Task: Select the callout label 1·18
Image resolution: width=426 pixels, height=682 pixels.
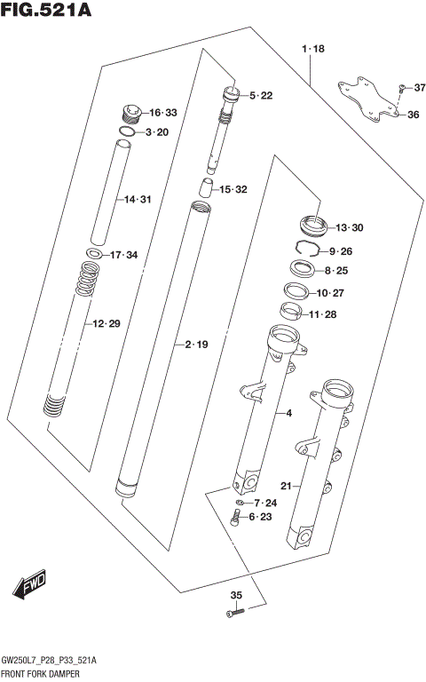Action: pos(313,50)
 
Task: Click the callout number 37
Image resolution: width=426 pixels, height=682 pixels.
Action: pos(420,87)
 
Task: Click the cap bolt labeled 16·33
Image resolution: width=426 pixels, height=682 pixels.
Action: pos(130,114)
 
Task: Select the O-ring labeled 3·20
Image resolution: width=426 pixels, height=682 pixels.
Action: pos(127,132)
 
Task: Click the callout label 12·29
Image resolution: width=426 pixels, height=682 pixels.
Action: pos(106,325)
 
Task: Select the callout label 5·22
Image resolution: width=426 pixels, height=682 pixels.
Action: pos(260,95)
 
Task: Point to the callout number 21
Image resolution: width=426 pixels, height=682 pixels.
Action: pos(286,485)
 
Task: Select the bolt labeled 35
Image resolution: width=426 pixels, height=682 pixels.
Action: pos(234,613)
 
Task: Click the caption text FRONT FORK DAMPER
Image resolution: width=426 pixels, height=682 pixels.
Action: pos(43,675)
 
